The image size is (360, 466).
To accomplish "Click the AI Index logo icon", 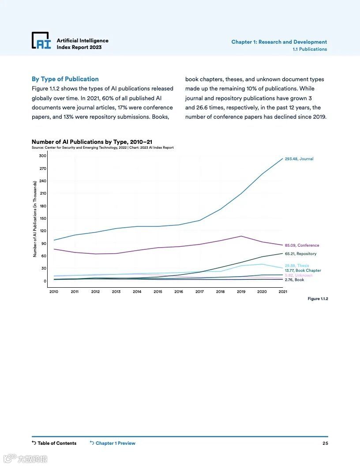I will tap(41, 40).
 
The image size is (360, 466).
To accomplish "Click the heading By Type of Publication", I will tap(65, 79).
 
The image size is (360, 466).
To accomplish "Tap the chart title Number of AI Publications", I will tap(92, 142).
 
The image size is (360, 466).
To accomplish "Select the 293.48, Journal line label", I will tap(299, 159).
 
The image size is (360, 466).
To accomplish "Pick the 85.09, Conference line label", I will tap(302, 245).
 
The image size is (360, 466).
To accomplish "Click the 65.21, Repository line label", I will tap(300, 254).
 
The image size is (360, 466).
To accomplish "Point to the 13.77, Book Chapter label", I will tap(303, 271).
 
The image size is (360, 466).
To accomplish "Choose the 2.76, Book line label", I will tap(294, 280).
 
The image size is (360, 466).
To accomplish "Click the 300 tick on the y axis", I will tap(42, 156).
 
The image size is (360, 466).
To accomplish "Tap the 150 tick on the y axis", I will tap(42, 218).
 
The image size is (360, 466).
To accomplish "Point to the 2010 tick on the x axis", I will tap(54, 292).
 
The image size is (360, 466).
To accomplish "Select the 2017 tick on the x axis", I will tap(199, 292).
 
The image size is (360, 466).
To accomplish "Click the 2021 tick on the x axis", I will tap(283, 292).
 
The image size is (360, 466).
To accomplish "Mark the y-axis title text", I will tap(35, 219).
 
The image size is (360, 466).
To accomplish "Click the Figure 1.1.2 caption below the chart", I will tap(318, 299).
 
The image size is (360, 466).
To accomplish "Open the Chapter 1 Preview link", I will tap(112, 443).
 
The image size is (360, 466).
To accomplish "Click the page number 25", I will tap(325, 443).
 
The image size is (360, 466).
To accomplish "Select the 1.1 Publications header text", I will tap(310, 49).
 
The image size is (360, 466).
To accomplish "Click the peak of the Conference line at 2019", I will tap(241, 236).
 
